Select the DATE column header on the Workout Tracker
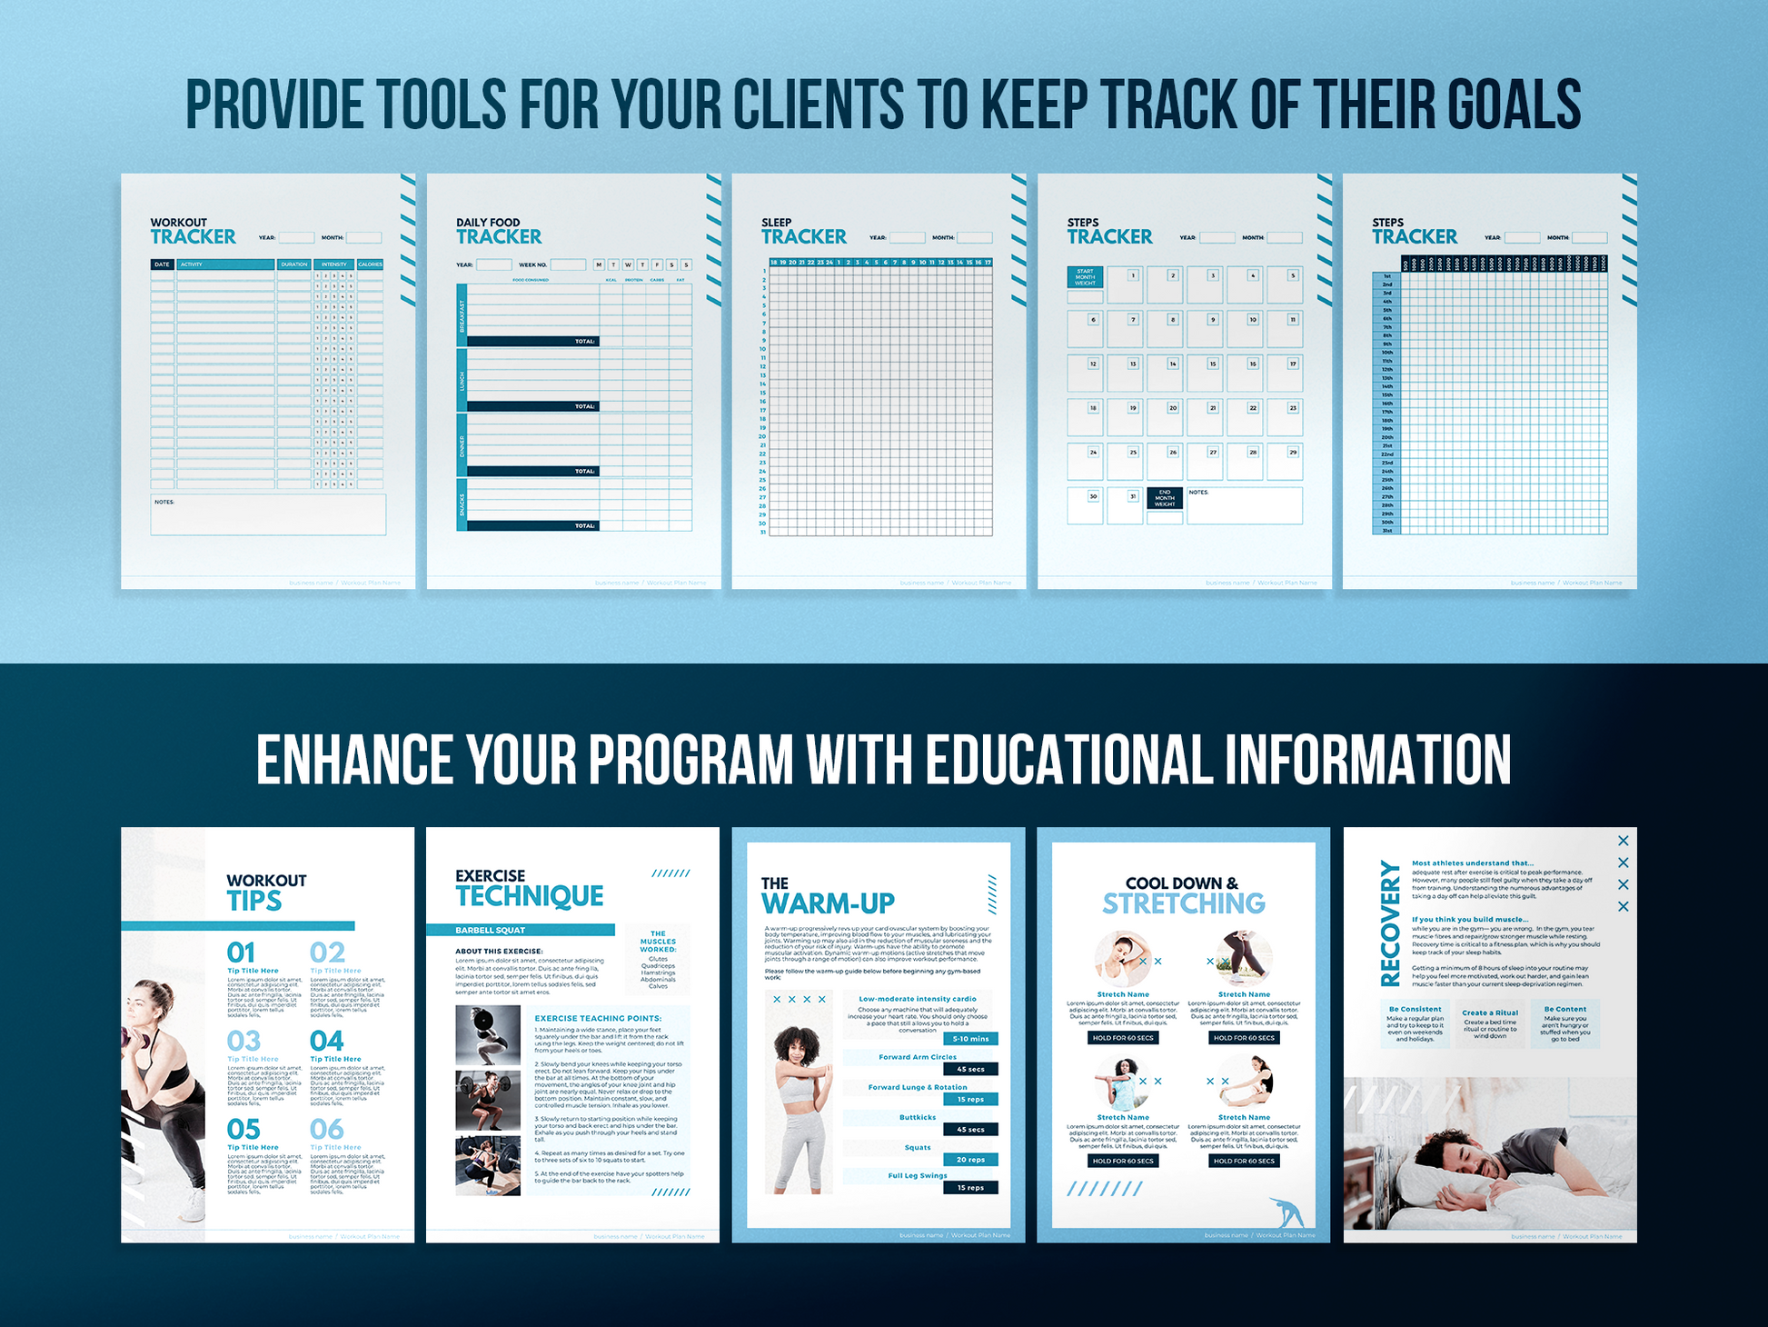[x=162, y=264]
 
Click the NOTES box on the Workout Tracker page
[x=268, y=514]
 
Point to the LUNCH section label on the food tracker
[x=462, y=380]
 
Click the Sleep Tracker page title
[x=803, y=232]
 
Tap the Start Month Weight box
[x=1085, y=277]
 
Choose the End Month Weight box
[x=1165, y=498]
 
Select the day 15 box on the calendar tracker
[x=1205, y=372]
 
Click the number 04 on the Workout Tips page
[x=326, y=1041]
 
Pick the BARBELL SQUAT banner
[x=521, y=930]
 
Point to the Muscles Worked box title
[x=658, y=942]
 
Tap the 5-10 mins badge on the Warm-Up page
[x=970, y=1039]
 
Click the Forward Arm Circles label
[x=918, y=1057]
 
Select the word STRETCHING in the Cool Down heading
[x=1183, y=903]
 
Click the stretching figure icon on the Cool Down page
[x=1286, y=1212]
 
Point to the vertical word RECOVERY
[x=1390, y=923]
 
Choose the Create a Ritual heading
[x=1490, y=1013]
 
